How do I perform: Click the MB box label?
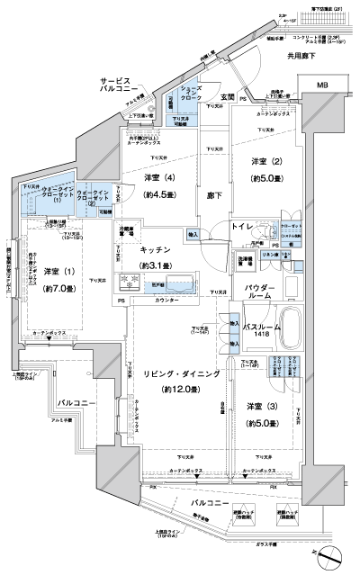pyautogui.click(x=322, y=85)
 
